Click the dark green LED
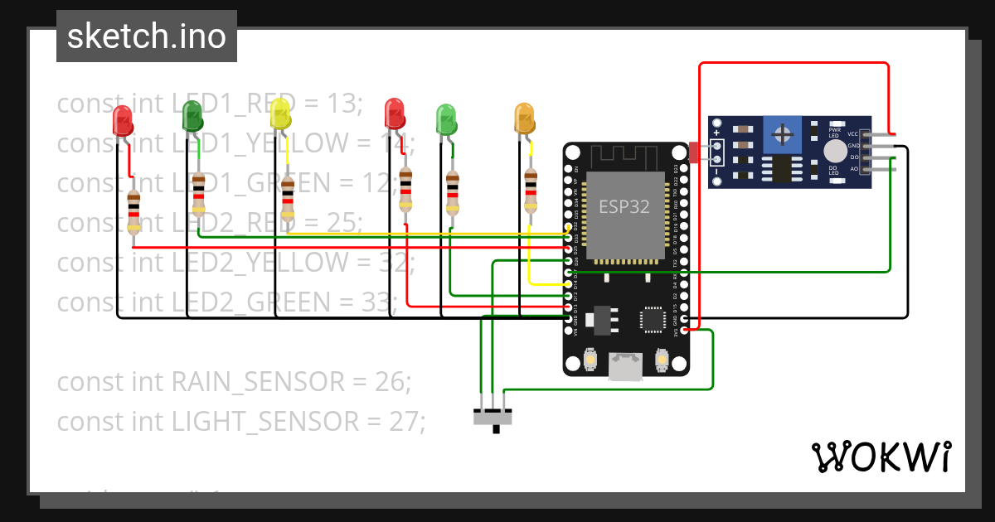point(192,116)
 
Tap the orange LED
point(524,118)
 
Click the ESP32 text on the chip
point(624,206)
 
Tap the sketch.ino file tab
point(147,36)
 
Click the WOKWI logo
point(881,457)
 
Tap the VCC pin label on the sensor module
point(852,134)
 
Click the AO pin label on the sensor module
point(854,168)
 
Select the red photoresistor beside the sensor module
point(694,152)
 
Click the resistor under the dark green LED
point(198,194)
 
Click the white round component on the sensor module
point(835,151)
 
